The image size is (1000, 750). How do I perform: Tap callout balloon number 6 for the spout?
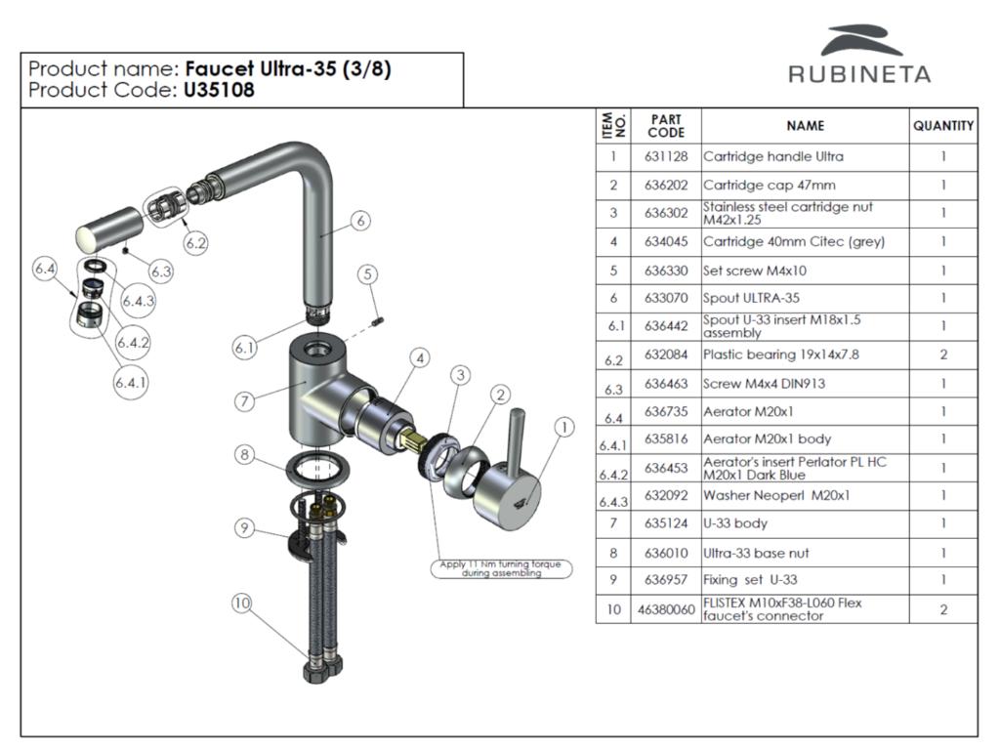pyautogui.click(x=360, y=221)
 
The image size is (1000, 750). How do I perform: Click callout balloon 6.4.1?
pyautogui.click(x=130, y=384)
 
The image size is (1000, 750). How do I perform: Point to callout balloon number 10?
pyautogui.click(x=241, y=604)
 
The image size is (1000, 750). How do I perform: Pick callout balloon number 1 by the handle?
pyautogui.click(x=562, y=427)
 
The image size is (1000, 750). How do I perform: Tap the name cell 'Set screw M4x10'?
pyautogui.click(x=755, y=271)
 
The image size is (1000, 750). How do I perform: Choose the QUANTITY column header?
pyautogui.click(x=943, y=126)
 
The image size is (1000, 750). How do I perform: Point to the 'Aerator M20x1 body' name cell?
pyautogui.click(x=768, y=439)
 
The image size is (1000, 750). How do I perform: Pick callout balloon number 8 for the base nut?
pyautogui.click(x=245, y=454)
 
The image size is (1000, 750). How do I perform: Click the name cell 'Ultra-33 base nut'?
pyautogui.click(x=756, y=553)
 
